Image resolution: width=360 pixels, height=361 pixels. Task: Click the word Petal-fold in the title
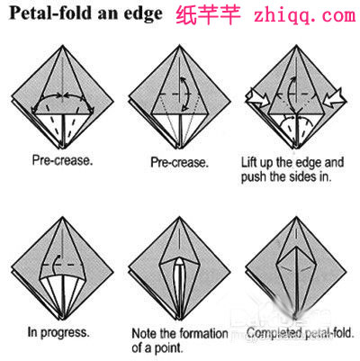pyautogui.click(x=50, y=14)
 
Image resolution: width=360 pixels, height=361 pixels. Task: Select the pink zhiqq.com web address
pyautogui.click(x=304, y=15)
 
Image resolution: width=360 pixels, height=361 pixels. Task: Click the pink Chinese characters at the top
pyautogui.click(x=208, y=15)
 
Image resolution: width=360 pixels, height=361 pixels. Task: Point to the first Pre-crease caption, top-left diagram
pyautogui.click(x=62, y=160)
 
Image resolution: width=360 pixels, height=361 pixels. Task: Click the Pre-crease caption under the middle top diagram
pyautogui.click(x=179, y=162)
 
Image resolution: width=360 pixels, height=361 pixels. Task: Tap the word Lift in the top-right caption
pyautogui.click(x=249, y=162)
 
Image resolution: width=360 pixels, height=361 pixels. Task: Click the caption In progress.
pyautogui.click(x=58, y=332)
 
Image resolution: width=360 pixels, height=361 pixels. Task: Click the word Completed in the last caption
pyautogui.click(x=274, y=332)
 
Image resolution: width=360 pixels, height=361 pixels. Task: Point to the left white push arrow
pyautogui.click(x=257, y=98)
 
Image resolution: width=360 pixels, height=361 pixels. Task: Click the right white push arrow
pyautogui.click(x=335, y=97)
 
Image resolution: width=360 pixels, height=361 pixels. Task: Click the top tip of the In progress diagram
pyautogui.click(x=62, y=217)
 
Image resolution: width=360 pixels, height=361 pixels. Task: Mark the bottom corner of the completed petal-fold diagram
pyautogui.click(x=296, y=319)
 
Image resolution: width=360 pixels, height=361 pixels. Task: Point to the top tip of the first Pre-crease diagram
pyautogui.click(x=62, y=46)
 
